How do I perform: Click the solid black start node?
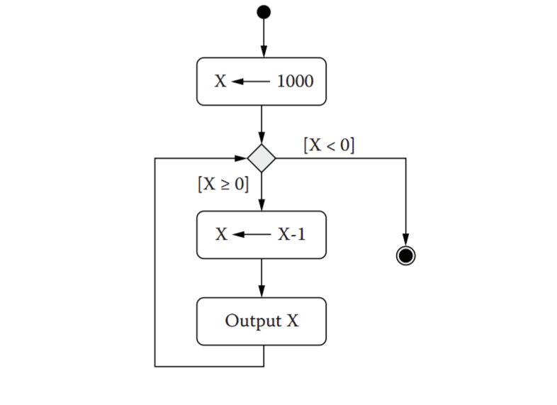264,11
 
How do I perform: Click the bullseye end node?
405,255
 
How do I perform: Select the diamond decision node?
261,157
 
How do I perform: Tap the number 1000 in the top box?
294,81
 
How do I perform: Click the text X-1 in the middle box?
292,234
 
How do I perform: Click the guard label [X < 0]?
329,145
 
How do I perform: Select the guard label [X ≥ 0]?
223,184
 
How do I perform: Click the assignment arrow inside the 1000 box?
251,81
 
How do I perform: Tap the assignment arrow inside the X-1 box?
251,234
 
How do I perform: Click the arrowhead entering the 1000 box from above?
264,52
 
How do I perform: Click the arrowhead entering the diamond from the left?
241,157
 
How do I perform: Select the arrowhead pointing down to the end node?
405,239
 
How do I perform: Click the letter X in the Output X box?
292,321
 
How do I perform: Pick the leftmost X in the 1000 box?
220,81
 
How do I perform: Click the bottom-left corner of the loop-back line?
155,366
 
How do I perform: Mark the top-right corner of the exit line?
405,157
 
